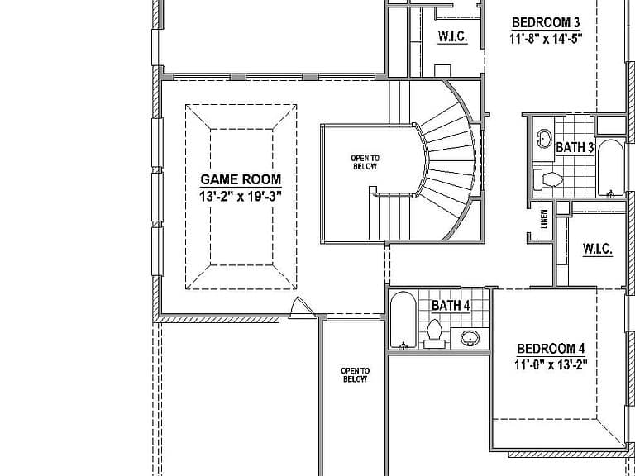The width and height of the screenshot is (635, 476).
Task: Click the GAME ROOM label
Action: [x=241, y=179]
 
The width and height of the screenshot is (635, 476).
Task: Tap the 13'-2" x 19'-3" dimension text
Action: [x=241, y=197]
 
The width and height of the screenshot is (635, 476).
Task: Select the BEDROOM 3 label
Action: [x=546, y=22]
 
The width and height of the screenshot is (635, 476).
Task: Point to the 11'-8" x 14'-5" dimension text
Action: [x=546, y=40]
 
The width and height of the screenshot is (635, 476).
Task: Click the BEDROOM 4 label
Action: [x=551, y=349]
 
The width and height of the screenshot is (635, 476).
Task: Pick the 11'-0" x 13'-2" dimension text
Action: [x=551, y=365]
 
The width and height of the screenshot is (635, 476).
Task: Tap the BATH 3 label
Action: [x=575, y=148]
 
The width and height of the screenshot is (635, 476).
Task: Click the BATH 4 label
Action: [x=451, y=306]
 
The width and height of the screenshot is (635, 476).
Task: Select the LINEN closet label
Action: [x=544, y=219]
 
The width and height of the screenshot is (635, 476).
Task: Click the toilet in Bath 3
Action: [x=548, y=179]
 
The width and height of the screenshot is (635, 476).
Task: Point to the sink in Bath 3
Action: [x=543, y=139]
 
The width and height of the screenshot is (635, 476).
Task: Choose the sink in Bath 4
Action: [x=470, y=337]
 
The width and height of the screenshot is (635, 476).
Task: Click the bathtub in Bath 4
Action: [x=403, y=319]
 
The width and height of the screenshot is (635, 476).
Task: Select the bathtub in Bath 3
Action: [x=610, y=168]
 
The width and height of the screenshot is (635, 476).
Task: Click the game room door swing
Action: [x=302, y=307]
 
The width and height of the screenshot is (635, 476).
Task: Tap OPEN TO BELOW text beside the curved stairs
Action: [x=365, y=162]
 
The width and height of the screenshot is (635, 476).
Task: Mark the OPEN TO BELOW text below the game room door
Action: [x=356, y=375]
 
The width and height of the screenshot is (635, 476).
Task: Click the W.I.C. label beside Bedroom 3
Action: [x=453, y=37]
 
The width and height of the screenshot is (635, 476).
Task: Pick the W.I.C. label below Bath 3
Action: [x=598, y=249]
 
